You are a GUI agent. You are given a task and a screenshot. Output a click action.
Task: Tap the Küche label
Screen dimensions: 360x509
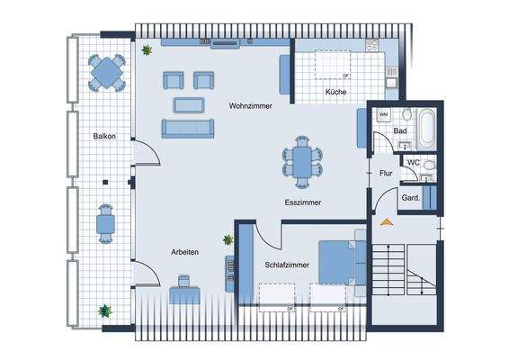pyautogui.click(x=336, y=92)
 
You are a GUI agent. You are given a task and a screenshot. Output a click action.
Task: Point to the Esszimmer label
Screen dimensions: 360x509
pyautogui.click(x=302, y=202)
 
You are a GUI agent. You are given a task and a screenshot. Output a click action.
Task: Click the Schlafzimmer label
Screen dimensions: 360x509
pyautogui.click(x=287, y=265)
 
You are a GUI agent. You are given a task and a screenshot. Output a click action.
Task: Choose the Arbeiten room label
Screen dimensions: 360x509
pyautogui.click(x=184, y=253)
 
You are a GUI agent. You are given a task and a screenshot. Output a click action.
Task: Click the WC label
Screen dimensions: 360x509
pyautogui.click(x=414, y=163)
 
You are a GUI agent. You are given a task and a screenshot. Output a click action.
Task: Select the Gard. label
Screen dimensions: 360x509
pyautogui.click(x=410, y=197)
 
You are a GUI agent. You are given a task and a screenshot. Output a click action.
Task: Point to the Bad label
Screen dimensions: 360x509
pyautogui.click(x=400, y=131)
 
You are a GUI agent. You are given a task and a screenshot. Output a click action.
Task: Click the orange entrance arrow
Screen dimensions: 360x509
pyautogui.click(x=387, y=220)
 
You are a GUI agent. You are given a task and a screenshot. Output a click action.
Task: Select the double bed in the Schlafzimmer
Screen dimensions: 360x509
pyautogui.click(x=340, y=262)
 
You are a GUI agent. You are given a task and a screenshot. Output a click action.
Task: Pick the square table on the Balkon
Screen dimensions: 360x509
pyautogui.click(x=108, y=72)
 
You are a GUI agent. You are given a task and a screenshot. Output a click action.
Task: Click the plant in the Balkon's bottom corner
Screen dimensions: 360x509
pyautogui.click(x=106, y=311)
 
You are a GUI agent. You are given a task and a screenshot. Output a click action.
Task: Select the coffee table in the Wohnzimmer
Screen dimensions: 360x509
pyautogui.click(x=188, y=104)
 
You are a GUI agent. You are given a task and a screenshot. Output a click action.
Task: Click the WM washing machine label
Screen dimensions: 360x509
pyautogui.click(x=383, y=115)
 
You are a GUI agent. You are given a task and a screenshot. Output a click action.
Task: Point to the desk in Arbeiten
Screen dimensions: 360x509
pyautogui.click(x=185, y=293)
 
